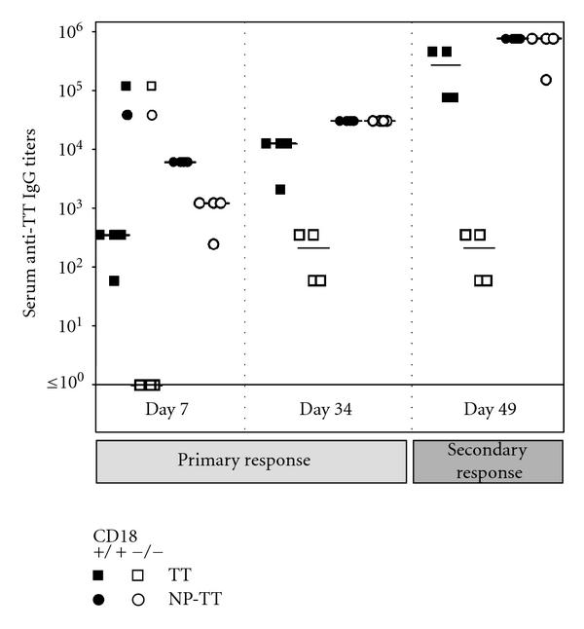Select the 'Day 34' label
pos(327,409)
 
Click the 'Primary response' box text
pos(251,461)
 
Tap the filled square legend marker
pos(99,575)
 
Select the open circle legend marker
pos(138,601)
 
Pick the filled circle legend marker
pos(99,601)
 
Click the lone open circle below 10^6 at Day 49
pos(546,80)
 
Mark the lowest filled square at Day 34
pos(280,189)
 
